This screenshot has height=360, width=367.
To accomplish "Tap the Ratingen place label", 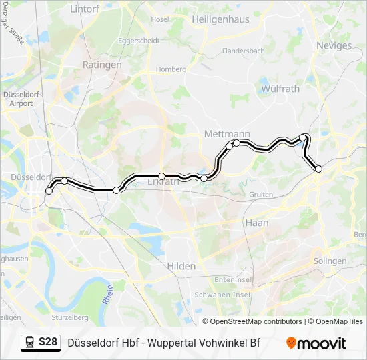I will click(x=101, y=65).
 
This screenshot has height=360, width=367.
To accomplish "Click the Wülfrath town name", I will click(x=280, y=88).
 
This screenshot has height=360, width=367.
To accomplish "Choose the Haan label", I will click(x=256, y=223).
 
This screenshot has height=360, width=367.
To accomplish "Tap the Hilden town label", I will click(x=181, y=266).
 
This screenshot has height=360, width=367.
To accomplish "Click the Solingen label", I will click(x=330, y=261).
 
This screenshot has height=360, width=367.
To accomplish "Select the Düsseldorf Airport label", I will click(x=21, y=99).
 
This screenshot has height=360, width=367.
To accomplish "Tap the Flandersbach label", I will click(x=244, y=51).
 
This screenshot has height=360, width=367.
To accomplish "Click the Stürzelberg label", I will click(x=70, y=317).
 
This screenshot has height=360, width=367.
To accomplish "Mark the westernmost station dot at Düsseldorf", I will click(x=49, y=191).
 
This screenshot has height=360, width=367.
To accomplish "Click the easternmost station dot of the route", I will click(x=318, y=169).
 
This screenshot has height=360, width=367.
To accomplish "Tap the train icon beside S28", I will click(x=30, y=343).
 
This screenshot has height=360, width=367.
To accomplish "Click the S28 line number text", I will click(x=48, y=343).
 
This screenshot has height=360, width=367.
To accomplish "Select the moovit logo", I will click(x=316, y=343).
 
